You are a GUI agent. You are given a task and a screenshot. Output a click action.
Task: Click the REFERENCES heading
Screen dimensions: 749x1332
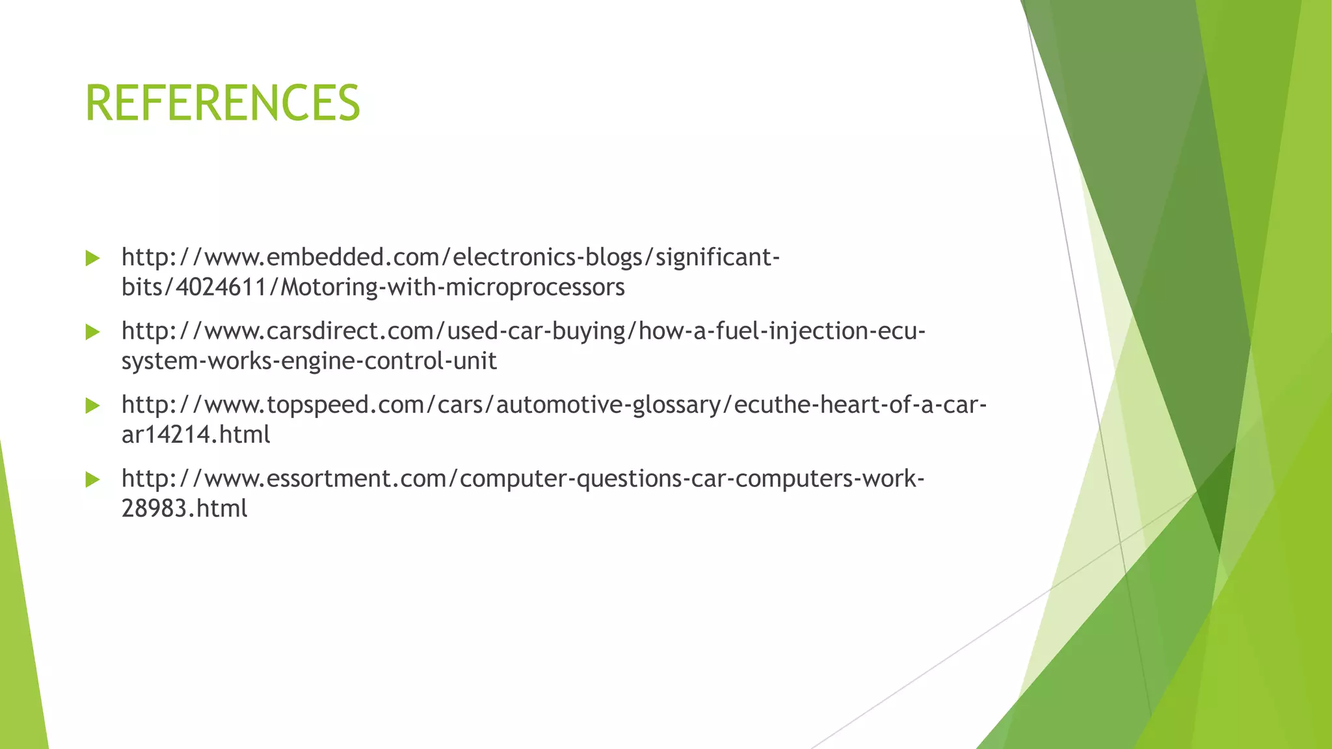(x=222, y=103)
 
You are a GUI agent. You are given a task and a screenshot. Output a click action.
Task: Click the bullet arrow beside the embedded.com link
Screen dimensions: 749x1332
(x=92, y=258)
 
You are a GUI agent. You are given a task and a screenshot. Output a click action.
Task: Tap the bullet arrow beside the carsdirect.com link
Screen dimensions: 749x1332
(x=92, y=332)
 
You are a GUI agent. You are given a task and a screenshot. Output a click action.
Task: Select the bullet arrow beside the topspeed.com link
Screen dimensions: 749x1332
(x=92, y=406)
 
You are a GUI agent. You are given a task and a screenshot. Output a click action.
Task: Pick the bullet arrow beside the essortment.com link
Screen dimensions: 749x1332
(x=92, y=480)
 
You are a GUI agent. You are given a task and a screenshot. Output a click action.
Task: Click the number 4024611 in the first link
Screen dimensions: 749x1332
(x=222, y=287)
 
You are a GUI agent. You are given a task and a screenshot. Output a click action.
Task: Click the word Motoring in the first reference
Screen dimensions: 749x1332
(x=328, y=287)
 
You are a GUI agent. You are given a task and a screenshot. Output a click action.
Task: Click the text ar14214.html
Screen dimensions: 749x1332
(x=196, y=434)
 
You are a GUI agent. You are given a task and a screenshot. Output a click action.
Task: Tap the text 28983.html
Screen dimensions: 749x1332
(x=185, y=508)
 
